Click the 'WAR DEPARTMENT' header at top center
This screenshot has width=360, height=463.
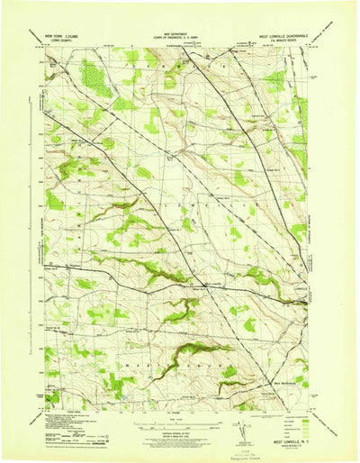179,37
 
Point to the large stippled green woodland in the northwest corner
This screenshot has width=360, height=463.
94,77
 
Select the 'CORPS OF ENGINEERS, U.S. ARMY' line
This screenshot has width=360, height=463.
179,42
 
